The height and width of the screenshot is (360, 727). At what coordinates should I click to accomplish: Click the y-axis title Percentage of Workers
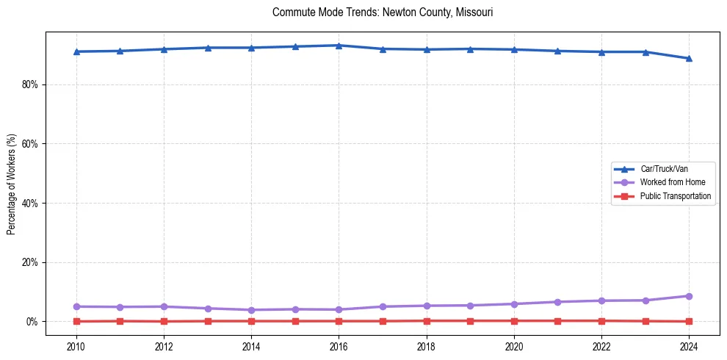point(11,184)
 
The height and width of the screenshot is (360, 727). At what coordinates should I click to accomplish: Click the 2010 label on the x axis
point(76,346)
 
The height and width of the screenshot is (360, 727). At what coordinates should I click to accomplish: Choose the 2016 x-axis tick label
point(339,346)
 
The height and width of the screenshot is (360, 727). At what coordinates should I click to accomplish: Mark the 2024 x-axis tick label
point(689,346)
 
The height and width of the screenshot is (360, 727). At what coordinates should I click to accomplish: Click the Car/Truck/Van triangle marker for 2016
point(339,46)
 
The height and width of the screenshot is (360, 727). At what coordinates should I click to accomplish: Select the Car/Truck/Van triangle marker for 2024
point(689,58)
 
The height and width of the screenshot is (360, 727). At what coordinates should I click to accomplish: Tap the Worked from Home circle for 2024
point(689,296)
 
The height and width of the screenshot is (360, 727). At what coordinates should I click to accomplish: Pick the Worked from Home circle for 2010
point(76,306)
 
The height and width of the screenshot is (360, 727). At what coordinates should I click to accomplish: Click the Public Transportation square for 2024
point(689,321)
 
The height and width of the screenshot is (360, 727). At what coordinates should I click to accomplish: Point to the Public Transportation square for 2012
point(164,321)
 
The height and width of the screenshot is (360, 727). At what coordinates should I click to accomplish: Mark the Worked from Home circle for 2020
point(514,304)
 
